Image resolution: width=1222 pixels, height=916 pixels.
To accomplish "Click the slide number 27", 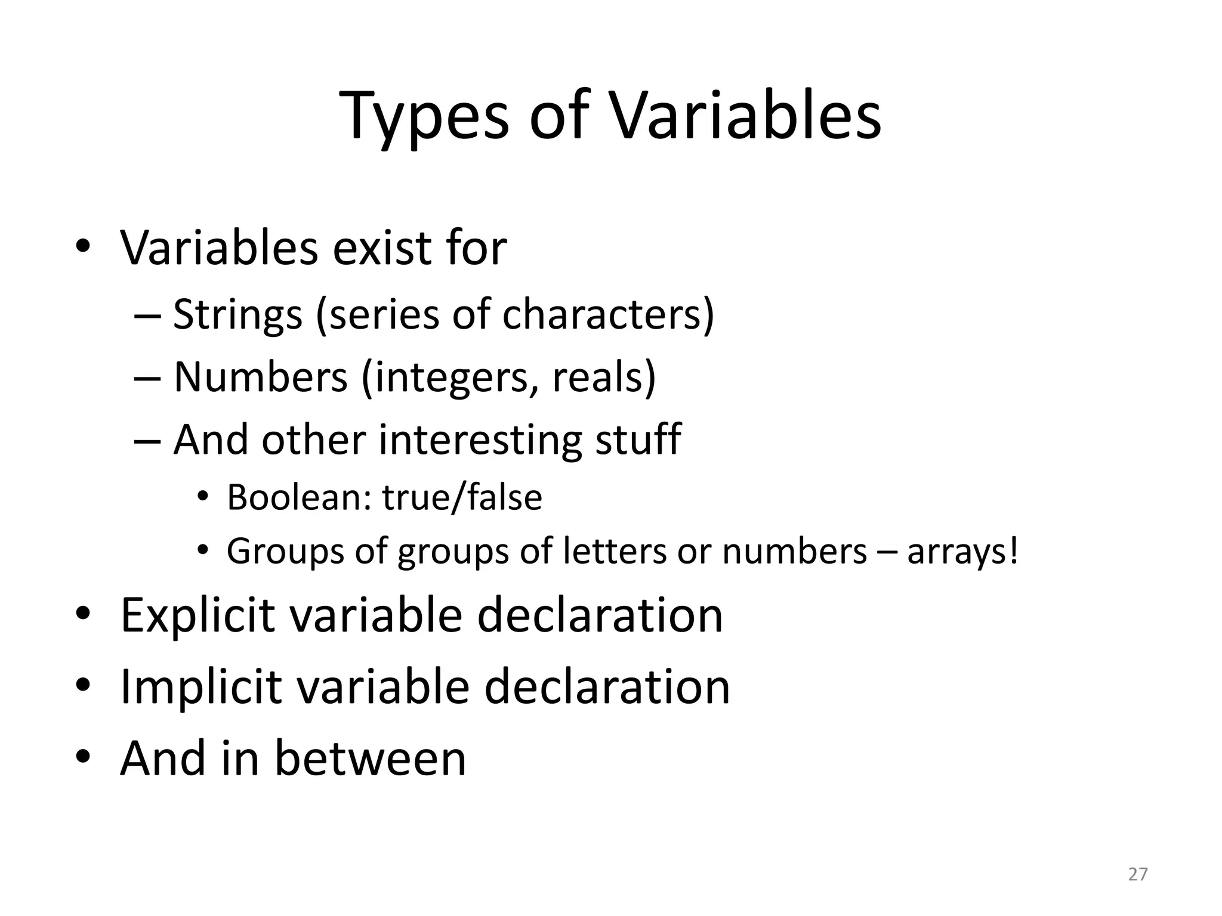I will coord(1138,874).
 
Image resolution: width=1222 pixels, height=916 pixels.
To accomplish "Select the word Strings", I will coord(237,314).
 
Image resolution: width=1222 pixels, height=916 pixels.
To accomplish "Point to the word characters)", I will coord(608,314).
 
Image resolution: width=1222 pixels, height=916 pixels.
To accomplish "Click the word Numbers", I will coord(260,377).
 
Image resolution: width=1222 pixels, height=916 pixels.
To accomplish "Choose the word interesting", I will coord(480,440).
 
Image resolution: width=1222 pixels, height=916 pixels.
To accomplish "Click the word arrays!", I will coord(962,551).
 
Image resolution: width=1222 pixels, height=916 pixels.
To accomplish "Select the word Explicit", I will coord(198,615).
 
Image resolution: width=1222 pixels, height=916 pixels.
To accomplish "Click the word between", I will coord(370,758).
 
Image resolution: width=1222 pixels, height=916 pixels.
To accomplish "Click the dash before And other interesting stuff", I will coord(147,441).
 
